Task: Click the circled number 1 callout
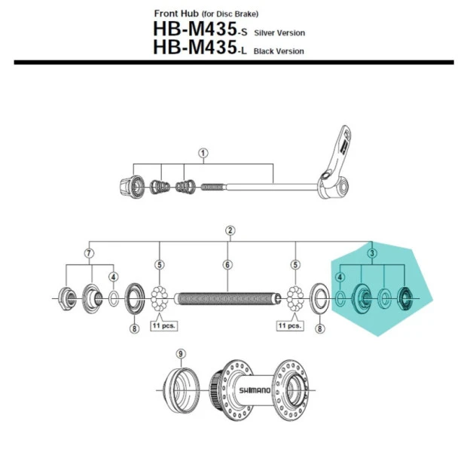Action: click(x=203, y=154)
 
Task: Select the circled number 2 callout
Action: click(x=230, y=230)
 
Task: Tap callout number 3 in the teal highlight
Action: click(x=372, y=253)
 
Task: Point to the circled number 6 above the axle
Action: click(x=227, y=265)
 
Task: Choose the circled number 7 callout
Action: click(x=89, y=253)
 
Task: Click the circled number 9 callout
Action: click(x=181, y=354)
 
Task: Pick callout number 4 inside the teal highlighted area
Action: click(x=340, y=277)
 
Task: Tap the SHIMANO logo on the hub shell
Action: click(x=255, y=390)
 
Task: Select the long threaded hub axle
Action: click(x=227, y=298)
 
